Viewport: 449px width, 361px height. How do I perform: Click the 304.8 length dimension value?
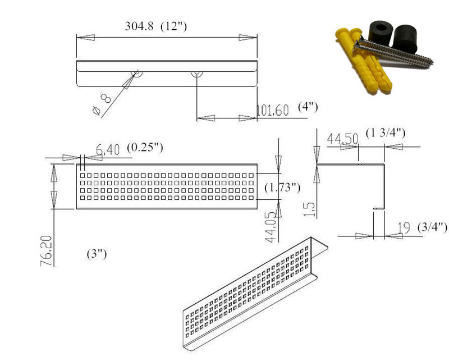point(139,26)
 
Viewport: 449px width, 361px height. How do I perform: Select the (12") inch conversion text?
point(173,26)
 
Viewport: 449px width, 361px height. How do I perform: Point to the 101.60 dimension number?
point(272,110)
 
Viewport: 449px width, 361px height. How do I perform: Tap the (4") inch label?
point(308,107)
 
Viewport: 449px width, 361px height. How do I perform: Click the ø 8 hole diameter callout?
point(102,104)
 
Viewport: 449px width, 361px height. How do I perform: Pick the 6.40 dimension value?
point(107,149)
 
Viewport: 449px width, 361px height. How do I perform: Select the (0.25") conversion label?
point(145,147)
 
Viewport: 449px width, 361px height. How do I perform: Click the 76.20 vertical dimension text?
point(47,251)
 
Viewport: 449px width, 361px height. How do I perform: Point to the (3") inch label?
point(97,254)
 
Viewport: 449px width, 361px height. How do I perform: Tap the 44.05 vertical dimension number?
point(271,227)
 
